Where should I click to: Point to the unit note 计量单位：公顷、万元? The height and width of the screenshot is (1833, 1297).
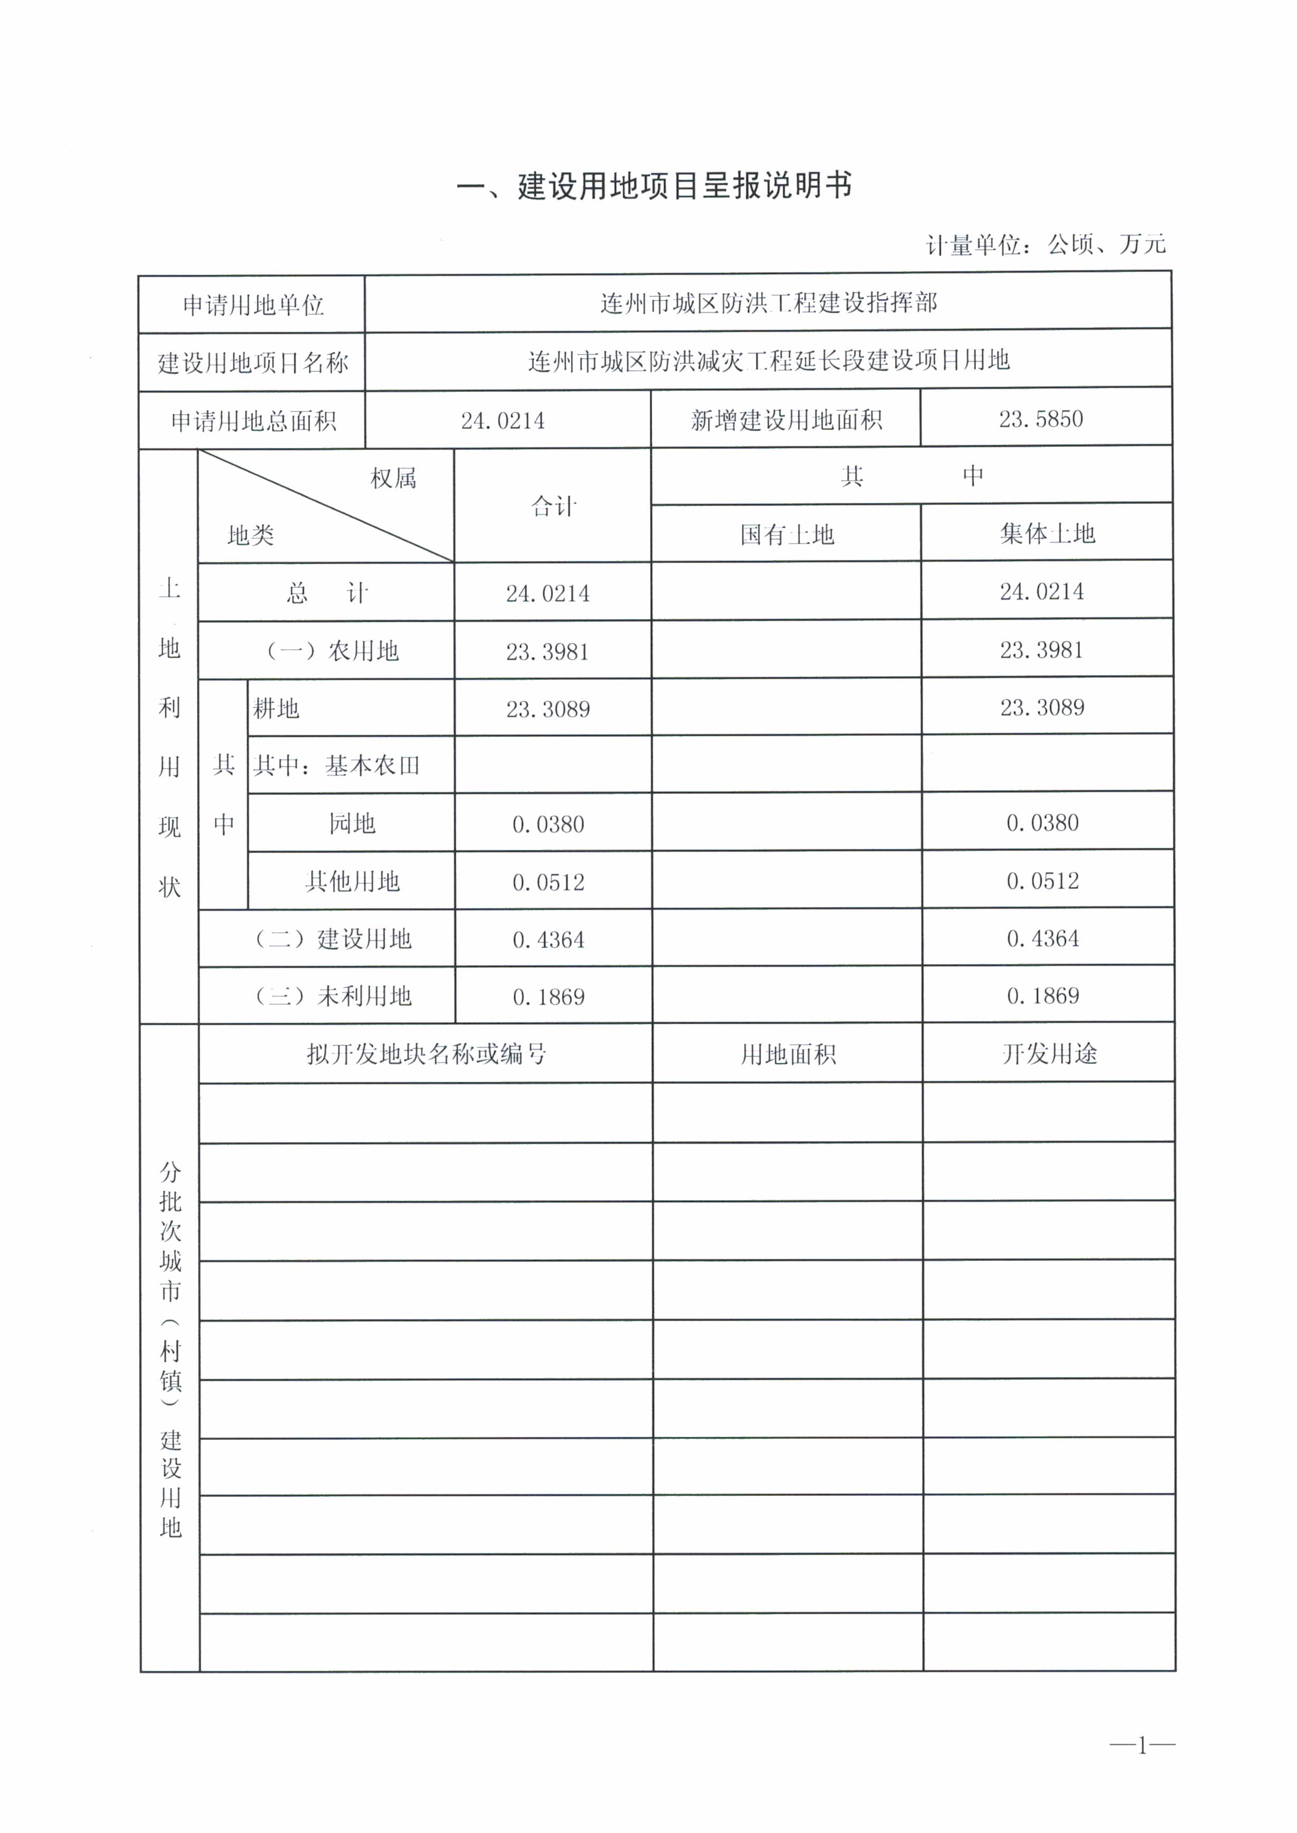(x=1046, y=245)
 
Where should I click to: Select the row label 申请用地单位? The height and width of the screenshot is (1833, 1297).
(x=252, y=305)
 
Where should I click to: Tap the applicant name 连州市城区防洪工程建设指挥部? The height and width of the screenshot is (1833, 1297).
(x=768, y=304)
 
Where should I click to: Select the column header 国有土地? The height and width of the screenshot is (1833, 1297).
(x=787, y=535)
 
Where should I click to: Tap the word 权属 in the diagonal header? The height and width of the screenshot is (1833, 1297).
(x=393, y=479)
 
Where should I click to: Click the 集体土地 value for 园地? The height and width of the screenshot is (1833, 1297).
(x=1042, y=822)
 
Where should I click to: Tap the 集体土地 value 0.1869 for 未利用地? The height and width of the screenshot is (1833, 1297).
(x=1042, y=996)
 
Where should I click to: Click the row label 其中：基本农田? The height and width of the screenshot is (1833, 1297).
(x=336, y=766)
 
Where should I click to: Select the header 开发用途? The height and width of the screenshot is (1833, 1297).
(x=1049, y=1054)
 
